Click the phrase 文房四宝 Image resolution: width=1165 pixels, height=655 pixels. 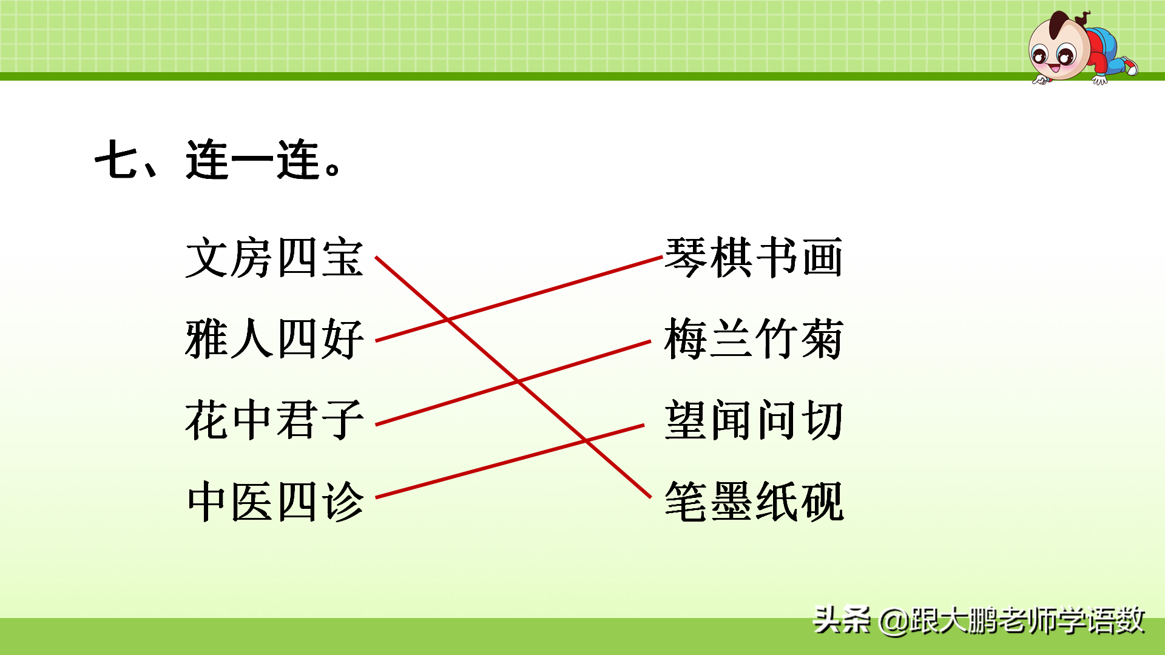coord(274,258)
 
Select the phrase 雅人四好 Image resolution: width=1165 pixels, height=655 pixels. coord(274,339)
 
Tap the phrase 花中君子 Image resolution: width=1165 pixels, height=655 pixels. coord(274,420)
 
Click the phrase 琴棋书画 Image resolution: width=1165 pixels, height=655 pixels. coord(754,258)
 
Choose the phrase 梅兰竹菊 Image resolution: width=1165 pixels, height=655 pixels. coord(754,339)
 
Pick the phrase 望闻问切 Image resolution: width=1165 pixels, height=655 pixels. coord(754,420)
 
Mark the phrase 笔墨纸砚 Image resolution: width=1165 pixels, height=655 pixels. coord(754,502)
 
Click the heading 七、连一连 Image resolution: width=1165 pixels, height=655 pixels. coord(218,160)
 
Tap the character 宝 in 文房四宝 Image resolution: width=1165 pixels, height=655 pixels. coord(343,258)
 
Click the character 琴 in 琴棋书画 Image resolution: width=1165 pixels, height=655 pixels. coord(686,258)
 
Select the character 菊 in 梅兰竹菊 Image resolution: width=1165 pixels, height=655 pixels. coord(822,339)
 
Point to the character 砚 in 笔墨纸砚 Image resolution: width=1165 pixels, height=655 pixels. coord(822,502)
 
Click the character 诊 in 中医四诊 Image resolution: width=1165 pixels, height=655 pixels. coord(343,502)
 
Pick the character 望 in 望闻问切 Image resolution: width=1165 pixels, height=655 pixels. coord(686,420)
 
